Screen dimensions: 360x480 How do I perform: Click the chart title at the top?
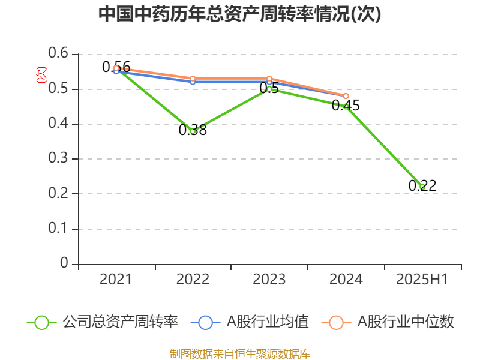click(240, 14)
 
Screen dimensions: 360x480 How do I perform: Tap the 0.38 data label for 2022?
click(193, 130)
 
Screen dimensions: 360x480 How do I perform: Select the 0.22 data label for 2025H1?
click(422, 186)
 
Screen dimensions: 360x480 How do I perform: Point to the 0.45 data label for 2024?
click(346, 106)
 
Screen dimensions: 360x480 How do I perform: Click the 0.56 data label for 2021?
click(116, 67)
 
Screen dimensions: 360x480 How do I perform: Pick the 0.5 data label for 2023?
click(269, 88)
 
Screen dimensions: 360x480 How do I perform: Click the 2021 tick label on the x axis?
click(116, 279)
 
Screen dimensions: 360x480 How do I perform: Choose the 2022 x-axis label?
click(193, 279)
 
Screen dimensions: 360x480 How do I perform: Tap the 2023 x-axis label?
click(269, 279)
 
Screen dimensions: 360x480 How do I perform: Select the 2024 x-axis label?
click(346, 279)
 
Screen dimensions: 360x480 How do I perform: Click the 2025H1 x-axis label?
click(422, 279)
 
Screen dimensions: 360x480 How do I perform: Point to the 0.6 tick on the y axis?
click(59, 54)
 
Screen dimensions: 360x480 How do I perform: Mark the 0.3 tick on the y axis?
click(59, 159)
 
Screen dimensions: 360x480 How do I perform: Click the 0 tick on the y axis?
click(65, 264)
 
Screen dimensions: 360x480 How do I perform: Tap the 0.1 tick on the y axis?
click(59, 229)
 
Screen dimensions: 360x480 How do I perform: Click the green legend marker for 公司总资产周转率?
click(41, 322)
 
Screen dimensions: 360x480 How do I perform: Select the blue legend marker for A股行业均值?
click(205, 322)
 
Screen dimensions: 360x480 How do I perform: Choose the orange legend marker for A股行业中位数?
click(336, 322)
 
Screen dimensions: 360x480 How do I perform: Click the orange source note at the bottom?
click(240, 353)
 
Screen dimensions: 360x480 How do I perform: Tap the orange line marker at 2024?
click(346, 96)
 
